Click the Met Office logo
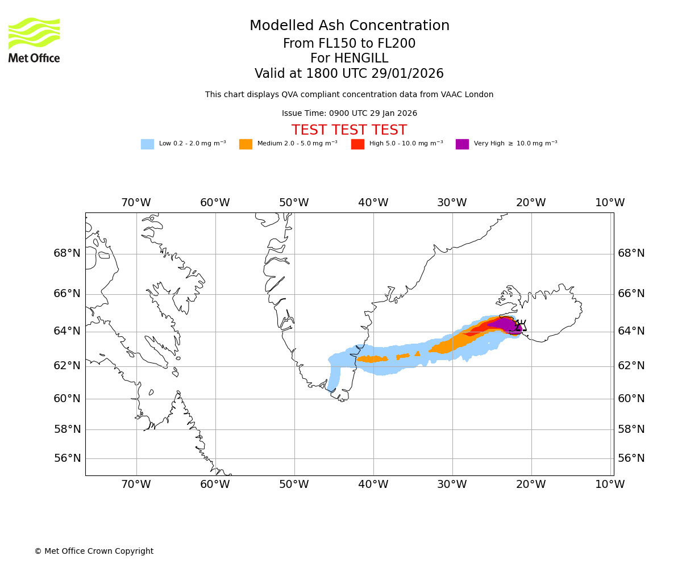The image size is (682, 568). (x=34, y=40)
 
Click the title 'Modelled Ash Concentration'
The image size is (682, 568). (x=349, y=26)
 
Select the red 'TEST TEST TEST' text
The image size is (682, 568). (x=349, y=131)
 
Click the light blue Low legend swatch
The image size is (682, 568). (x=147, y=144)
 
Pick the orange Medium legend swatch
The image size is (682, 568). (x=246, y=144)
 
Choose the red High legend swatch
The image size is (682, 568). (x=357, y=144)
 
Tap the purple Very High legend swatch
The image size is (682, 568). (x=462, y=144)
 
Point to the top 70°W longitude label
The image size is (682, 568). (x=136, y=203)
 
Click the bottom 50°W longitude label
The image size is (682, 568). (x=294, y=485)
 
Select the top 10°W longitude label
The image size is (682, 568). (x=610, y=203)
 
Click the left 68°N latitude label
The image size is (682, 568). (x=67, y=253)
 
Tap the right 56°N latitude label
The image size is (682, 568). (x=631, y=458)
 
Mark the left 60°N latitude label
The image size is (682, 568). (x=67, y=399)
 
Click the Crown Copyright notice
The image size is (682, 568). (x=94, y=552)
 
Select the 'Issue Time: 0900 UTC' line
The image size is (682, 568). (x=349, y=114)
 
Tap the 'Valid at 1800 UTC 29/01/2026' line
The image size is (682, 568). (x=349, y=74)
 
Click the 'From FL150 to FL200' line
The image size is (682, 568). (x=349, y=44)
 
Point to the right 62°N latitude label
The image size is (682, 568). (x=631, y=366)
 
